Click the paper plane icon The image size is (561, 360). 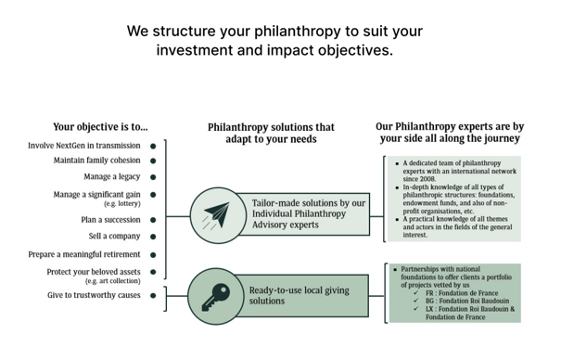pos(216,215)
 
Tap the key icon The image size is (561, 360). pos(215,297)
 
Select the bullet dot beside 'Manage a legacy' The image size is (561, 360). pos(153,177)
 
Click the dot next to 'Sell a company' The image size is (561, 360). pos(153,237)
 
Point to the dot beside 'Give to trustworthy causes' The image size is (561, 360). pos(153,296)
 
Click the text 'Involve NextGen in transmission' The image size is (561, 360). pos(84,146)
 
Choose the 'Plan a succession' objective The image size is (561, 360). pos(110,220)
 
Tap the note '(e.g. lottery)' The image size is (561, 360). pos(122,203)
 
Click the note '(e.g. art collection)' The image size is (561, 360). pos(113,281)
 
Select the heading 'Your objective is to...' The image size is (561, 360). pos(100,127)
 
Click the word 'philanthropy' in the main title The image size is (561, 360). pos(298,32)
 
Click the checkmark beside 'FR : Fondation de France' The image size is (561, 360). pos(415,292)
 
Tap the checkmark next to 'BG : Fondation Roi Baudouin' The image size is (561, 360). pos(415,301)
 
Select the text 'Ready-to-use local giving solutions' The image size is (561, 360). pos(300,295)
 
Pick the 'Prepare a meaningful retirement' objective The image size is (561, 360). pos(84,254)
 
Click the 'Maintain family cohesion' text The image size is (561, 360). pos(97,161)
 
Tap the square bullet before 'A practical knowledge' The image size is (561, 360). pos(397,219)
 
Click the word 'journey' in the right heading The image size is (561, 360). pos(504,138)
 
